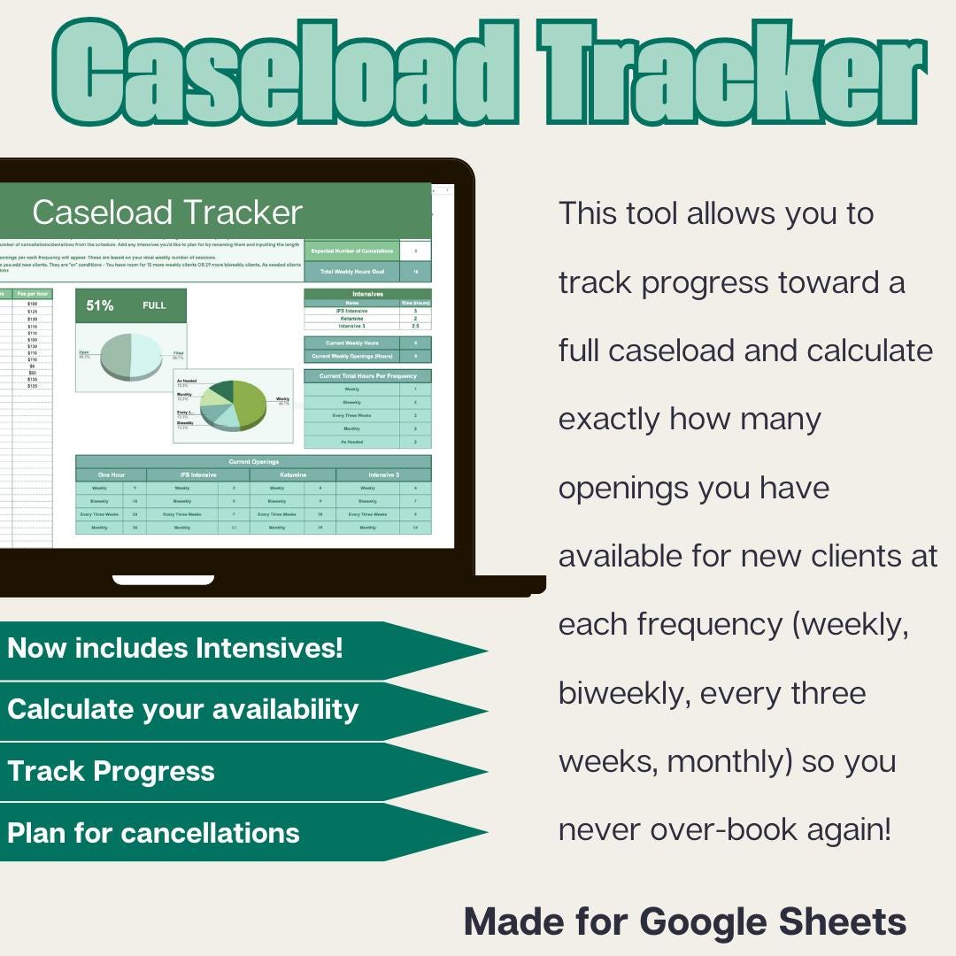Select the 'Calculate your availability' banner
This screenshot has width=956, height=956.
pyautogui.click(x=182, y=709)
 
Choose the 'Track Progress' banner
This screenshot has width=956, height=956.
pyautogui.click(x=111, y=771)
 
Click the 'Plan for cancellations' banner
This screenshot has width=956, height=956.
pyautogui.click(x=153, y=833)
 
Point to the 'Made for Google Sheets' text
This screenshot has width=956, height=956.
pyautogui.click(x=685, y=921)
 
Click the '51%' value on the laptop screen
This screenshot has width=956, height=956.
pyautogui.click(x=100, y=305)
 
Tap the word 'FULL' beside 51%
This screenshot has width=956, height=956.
pyautogui.click(x=154, y=305)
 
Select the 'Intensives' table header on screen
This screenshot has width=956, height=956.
pyautogui.click(x=367, y=293)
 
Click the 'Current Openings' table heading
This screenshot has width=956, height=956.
pyautogui.click(x=253, y=461)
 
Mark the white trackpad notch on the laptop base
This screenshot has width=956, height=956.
pyautogui.click(x=163, y=581)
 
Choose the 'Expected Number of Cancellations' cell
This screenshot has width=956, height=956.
pyautogui.click(x=351, y=251)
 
